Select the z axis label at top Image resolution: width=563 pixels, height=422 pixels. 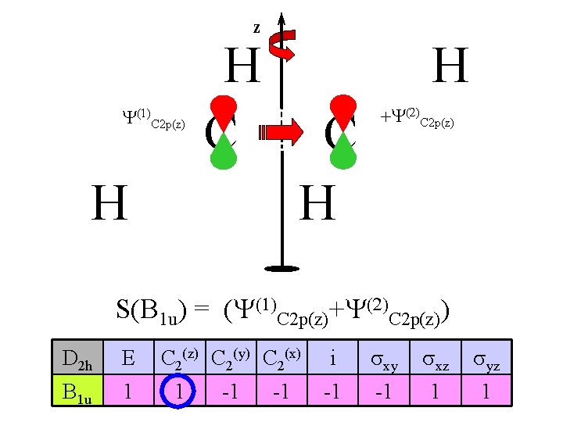click(x=256, y=28)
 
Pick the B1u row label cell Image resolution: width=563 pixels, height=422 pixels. click(x=77, y=390)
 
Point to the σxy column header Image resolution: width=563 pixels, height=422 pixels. click(x=384, y=360)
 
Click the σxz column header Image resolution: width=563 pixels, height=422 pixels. click(x=435, y=360)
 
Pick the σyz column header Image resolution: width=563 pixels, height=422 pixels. click(x=486, y=360)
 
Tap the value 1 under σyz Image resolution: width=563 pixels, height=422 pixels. click(x=485, y=390)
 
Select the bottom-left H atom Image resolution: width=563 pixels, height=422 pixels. click(x=109, y=202)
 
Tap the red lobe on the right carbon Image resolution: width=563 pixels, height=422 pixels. click(x=342, y=107)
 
